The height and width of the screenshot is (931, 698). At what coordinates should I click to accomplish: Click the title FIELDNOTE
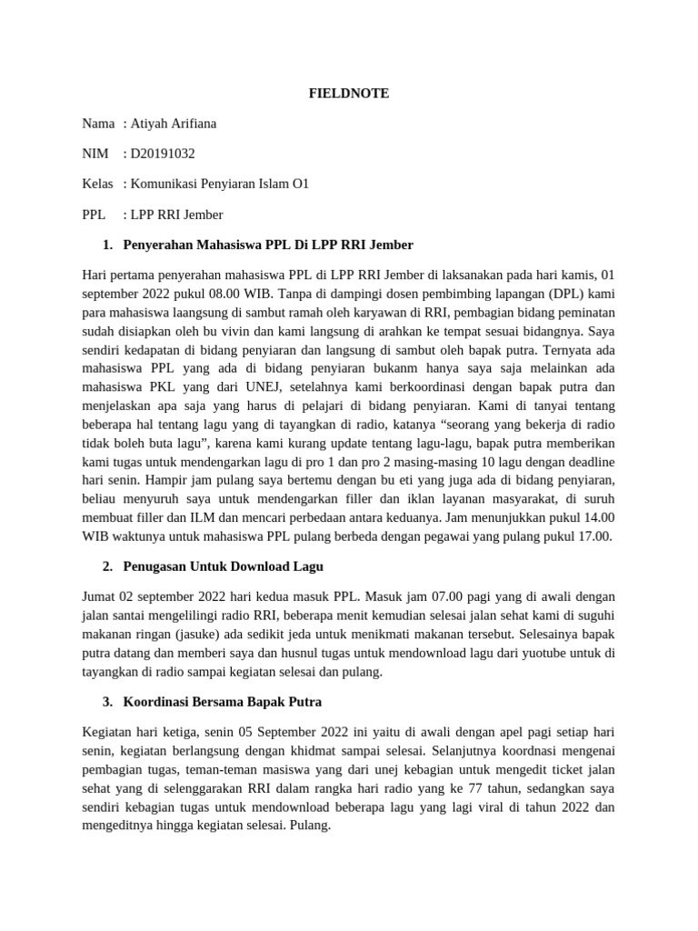(x=349, y=93)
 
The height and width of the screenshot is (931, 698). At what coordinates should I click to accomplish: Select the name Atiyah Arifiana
(x=174, y=123)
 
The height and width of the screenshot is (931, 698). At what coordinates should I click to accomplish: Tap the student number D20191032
(x=163, y=154)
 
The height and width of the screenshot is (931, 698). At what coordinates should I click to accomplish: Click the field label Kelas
(x=97, y=184)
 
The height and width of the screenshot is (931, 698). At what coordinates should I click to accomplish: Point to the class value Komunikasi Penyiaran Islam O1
(x=220, y=184)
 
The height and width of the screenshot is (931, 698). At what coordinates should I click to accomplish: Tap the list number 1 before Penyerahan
(x=107, y=245)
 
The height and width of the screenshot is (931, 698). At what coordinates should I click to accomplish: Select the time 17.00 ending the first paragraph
(x=594, y=536)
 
